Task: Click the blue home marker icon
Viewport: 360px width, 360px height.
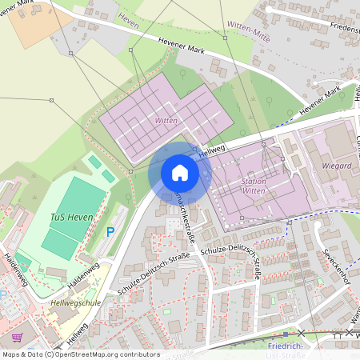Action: click(179, 173)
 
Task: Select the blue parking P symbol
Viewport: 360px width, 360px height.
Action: click(110, 232)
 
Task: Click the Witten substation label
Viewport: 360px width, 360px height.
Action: click(166, 120)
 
